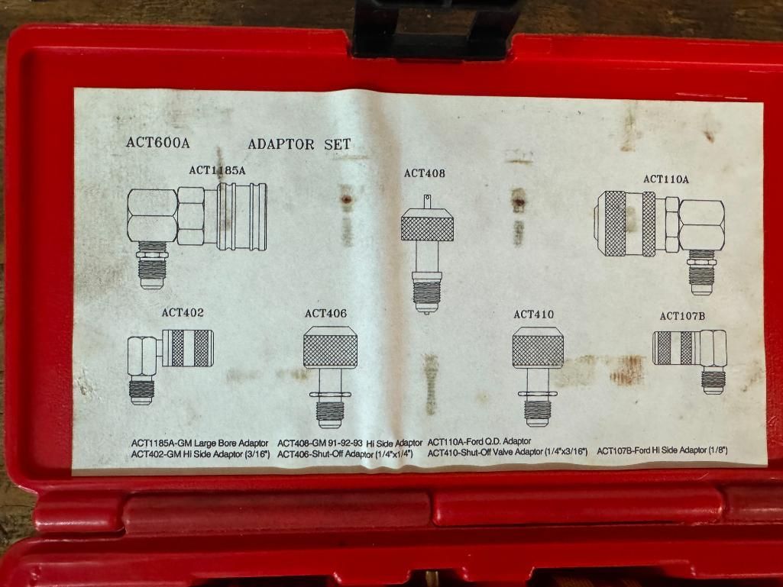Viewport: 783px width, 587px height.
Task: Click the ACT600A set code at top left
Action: pyautogui.click(x=157, y=143)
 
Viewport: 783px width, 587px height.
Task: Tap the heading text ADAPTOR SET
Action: pyautogui.click(x=299, y=144)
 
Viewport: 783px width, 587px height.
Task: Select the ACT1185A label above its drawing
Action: pyautogui.click(x=218, y=171)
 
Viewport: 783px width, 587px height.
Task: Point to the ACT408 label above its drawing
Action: pyautogui.click(x=425, y=173)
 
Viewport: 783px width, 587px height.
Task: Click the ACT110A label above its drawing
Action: pyautogui.click(x=666, y=179)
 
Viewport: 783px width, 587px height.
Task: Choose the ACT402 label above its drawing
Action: pyautogui.click(x=183, y=312)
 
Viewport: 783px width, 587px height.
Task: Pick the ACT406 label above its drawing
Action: pyautogui.click(x=325, y=313)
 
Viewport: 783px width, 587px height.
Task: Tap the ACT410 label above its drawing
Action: pyautogui.click(x=534, y=314)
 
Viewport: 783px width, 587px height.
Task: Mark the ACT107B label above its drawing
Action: pyautogui.click(x=682, y=315)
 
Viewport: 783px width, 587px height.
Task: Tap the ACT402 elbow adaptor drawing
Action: pyautogui.click(x=170, y=359)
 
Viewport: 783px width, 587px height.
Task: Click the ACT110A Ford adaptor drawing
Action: pyautogui.click(x=659, y=229)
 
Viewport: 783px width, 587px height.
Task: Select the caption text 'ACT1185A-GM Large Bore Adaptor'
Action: pyautogui.click(x=199, y=443)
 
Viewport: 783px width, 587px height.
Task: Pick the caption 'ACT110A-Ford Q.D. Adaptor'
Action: pyautogui.click(x=479, y=442)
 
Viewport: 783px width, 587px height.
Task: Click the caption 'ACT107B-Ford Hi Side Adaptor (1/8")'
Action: pyautogui.click(x=662, y=451)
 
